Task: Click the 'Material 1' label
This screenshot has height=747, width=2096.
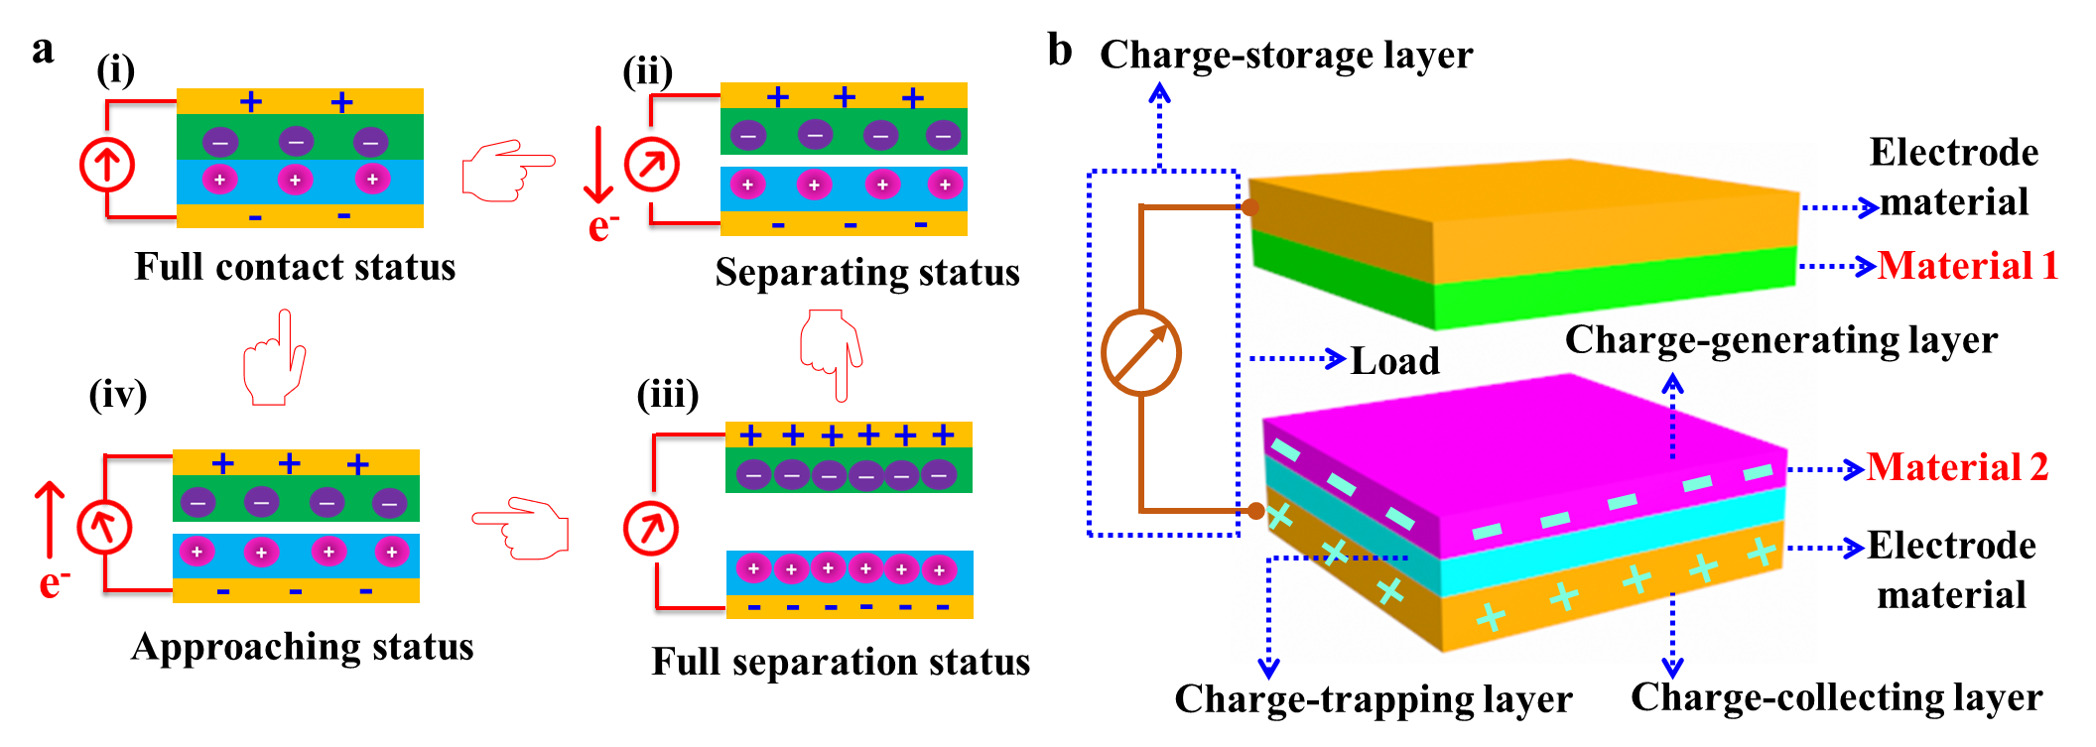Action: [1967, 266]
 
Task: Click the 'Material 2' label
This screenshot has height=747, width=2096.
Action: [1957, 467]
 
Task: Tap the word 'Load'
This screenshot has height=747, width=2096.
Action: [1394, 361]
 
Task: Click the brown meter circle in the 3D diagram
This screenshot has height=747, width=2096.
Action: [1141, 353]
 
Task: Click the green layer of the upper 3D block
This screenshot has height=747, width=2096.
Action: [1608, 289]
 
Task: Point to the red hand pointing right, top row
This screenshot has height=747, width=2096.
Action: [506, 170]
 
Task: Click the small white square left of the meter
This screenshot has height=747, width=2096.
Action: [1070, 403]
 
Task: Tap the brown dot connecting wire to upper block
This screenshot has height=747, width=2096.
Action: [1250, 207]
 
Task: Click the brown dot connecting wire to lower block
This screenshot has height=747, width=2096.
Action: [1255, 511]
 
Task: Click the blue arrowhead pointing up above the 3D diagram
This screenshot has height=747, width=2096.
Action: [1159, 92]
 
